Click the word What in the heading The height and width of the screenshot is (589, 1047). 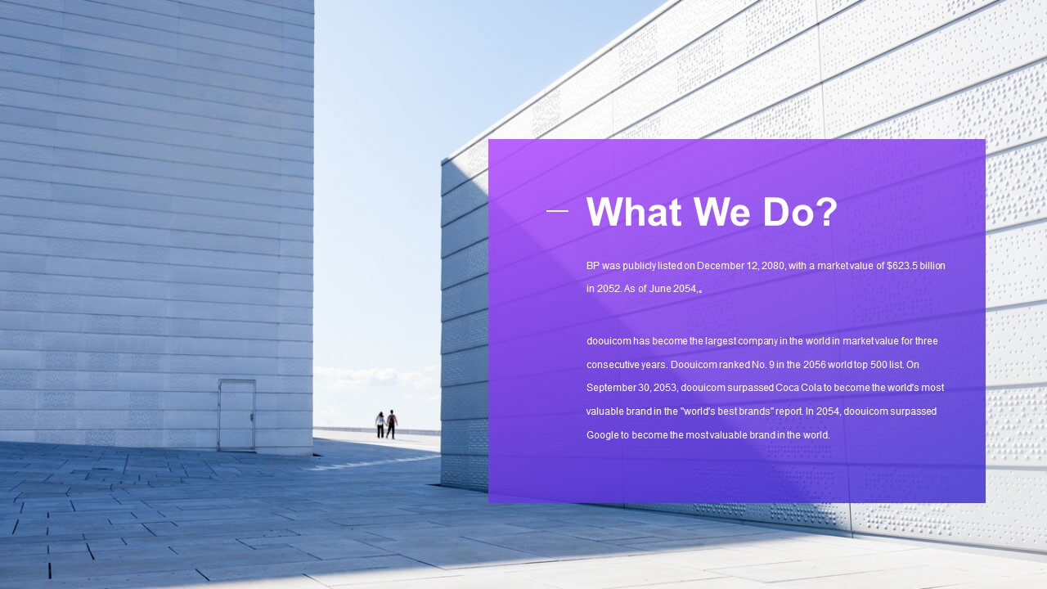[634, 212]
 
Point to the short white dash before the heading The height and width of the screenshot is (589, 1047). [557, 211]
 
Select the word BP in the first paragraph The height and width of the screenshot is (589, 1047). [593, 266]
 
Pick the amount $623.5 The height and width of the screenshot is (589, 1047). [902, 266]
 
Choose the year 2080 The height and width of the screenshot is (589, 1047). [774, 266]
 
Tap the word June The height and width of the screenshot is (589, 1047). [660, 289]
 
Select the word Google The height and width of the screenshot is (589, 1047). [603, 435]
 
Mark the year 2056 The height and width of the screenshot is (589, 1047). [814, 365]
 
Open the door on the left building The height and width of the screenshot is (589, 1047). [236, 415]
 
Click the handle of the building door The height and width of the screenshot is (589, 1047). [252, 416]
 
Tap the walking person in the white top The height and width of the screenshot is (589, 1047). [380, 425]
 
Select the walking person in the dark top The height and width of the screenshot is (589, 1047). [392, 425]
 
